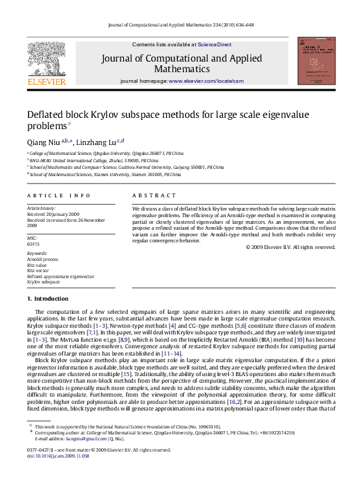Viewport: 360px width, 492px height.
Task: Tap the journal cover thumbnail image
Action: pos(314,61)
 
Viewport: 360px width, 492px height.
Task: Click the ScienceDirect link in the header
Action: pos(216,44)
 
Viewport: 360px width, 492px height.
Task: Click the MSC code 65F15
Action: pos(33,243)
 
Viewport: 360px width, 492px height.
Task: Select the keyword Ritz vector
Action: pos(37,270)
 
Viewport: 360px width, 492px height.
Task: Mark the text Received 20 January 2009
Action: pos(54,215)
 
